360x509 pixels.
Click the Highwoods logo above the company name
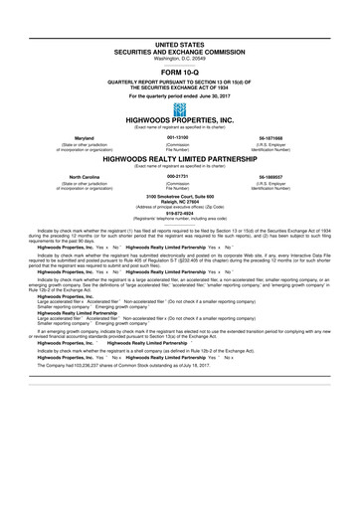click(x=179, y=108)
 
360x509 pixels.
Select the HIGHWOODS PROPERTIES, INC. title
click(x=179, y=121)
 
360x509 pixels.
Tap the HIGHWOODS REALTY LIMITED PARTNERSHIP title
click(x=179, y=158)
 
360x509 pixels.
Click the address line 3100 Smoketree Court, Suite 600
click(x=179, y=193)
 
